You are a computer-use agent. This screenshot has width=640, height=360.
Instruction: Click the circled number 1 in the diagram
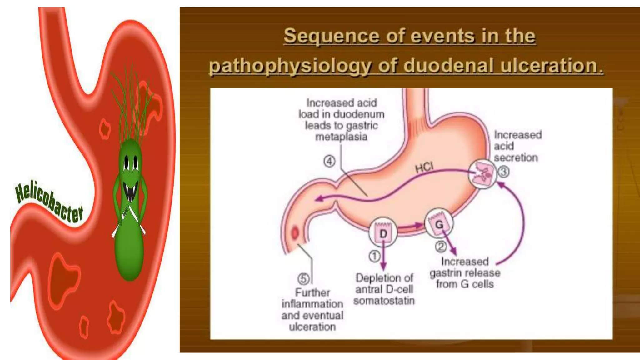tap(374, 256)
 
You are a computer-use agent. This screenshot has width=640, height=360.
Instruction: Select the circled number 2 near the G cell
tap(441, 247)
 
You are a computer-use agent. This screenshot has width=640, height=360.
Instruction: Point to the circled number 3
tap(503, 172)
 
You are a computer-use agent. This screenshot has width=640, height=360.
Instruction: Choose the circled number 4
tap(329, 161)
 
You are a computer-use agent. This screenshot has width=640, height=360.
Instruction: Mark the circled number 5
tap(303, 278)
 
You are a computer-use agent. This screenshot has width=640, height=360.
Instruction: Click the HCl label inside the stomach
tap(424, 168)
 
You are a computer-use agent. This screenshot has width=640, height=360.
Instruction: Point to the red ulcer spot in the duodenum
tap(295, 233)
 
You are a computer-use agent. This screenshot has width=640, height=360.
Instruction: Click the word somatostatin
tap(384, 301)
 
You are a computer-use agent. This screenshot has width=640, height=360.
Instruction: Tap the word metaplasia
tap(341, 137)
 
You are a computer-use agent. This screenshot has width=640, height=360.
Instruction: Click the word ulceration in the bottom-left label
tap(312, 327)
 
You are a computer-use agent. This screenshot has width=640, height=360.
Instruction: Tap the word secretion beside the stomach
tap(516, 157)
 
